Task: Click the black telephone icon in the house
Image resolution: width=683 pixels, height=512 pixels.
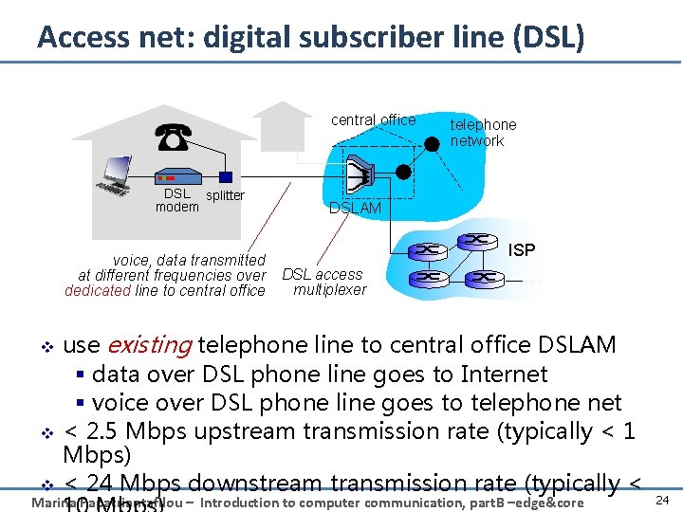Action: coord(172,137)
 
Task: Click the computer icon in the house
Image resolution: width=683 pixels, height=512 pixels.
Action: coord(117,176)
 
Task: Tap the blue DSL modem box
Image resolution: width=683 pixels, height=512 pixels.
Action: coord(177,176)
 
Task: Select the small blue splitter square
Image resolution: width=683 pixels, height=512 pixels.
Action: coord(226,177)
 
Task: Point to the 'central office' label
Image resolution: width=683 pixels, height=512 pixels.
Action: coord(373,120)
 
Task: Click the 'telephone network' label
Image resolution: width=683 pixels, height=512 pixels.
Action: coord(483,133)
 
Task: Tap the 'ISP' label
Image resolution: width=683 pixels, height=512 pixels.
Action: coord(522,250)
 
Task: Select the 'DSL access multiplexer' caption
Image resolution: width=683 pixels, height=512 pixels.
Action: coord(323,283)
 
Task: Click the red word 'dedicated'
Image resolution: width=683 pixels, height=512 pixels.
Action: coord(98,291)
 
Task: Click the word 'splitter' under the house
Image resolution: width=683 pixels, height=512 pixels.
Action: coord(225,196)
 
